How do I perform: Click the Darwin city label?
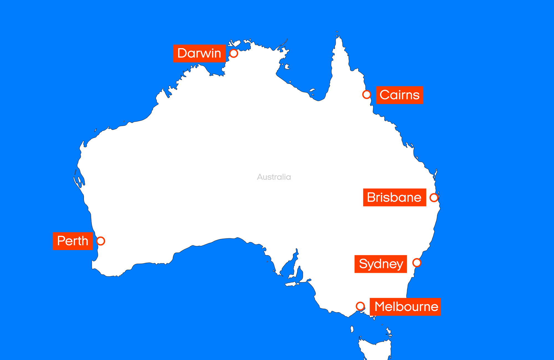[x=199, y=53]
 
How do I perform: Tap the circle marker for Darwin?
[x=234, y=53]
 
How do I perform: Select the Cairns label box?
[x=399, y=95]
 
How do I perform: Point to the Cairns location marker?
[x=366, y=94]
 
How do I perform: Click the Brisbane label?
[x=394, y=197]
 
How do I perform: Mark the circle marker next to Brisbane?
[x=434, y=197]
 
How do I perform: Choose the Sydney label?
[x=381, y=264]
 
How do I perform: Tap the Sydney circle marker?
[x=417, y=263]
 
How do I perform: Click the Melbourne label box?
[x=405, y=307]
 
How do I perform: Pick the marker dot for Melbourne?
[x=360, y=306]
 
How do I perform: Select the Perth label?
[x=73, y=241]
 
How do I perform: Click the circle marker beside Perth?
[x=101, y=241]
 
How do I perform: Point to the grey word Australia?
[x=274, y=177]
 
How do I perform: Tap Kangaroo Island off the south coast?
[x=292, y=284]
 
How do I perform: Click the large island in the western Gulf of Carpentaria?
[x=287, y=67]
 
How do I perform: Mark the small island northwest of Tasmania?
[x=352, y=329]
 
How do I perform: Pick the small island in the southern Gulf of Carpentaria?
[x=312, y=90]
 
